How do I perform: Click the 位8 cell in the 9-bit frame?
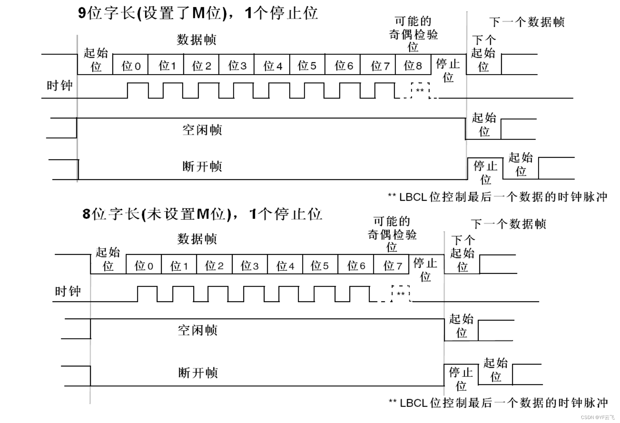coord(413,65)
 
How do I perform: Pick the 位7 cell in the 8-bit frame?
coord(392,266)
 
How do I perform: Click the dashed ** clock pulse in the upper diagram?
coord(420,90)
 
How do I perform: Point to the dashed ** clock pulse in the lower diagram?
coord(401,294)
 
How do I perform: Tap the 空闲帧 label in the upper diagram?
coord(202,130)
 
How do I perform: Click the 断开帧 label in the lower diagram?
coord(198,373)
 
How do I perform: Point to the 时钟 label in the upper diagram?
coord(59,86)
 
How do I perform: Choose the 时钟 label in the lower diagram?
coord(68,291)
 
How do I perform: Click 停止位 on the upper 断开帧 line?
coord(485,172)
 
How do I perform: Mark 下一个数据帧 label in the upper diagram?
coord(527,22)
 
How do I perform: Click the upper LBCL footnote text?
coord(498,197)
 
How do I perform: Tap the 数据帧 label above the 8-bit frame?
coord(197,239)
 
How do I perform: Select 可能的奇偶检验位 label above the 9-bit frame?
coord(413,34)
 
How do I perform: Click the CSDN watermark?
coord(597,417)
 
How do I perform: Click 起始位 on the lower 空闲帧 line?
coord(461,326)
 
